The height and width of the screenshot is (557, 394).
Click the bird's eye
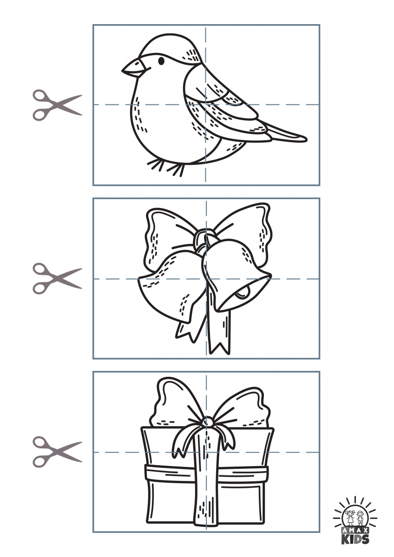tap(161, 60)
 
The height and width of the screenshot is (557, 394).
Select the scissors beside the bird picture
tap(57, 105)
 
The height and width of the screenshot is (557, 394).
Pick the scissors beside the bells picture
tap(57, 279)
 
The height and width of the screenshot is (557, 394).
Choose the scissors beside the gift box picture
tap(57, 452)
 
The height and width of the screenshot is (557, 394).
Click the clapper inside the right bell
tap(242, 292)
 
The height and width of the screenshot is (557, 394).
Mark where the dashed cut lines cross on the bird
tap(206, 104)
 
